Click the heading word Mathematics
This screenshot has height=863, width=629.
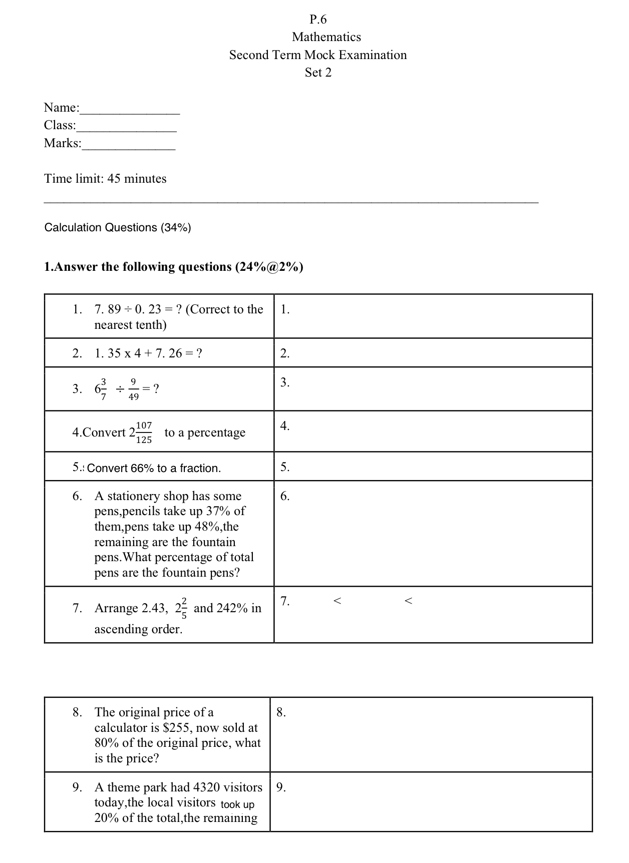pyautogui.click(x=326, y=37)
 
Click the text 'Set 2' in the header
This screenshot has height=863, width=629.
pyautogui.click(x=318, y=73)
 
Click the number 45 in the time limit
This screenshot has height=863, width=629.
pyautogui.click(x=114, y=179)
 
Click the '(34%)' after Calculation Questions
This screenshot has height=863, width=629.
pyautogui.click(x=176, y=228)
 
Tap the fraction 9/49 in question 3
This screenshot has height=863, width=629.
pyautogui.click(x=134, y=389)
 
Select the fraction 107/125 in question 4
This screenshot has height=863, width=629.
pyautogui.click(x=144, y=432)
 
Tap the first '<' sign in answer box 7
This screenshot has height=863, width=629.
pyautogui.click(x=338, y=601)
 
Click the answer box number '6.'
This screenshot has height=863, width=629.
pyautogui.click(x=285, y=496)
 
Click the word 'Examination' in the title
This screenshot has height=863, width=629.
pyautogui.click(x=373, y=55)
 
